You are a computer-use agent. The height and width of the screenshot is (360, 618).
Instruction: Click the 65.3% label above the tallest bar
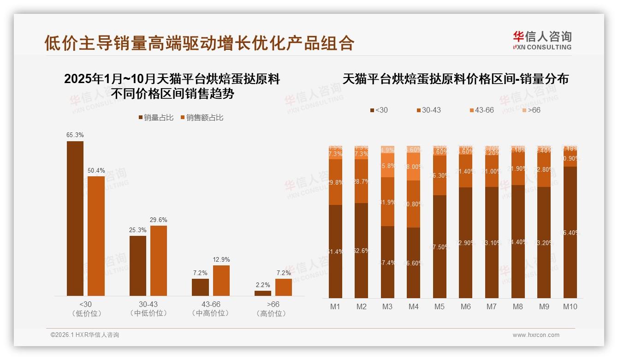pos(75,135)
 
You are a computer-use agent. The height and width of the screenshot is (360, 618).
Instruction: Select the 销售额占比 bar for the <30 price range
pos(96,236)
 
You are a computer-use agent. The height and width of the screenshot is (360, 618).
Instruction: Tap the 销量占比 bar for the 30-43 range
pos(138,266)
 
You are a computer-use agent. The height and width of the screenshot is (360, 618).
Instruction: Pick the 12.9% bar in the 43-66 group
pos(221,281)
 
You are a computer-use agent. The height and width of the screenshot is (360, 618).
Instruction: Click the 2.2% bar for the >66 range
pos(263,293)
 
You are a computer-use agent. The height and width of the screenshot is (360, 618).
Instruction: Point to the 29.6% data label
pos(159,220)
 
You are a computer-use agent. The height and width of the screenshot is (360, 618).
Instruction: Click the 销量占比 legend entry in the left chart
pos(156,118)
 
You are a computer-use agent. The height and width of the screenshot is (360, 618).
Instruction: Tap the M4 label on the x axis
pos(413,306)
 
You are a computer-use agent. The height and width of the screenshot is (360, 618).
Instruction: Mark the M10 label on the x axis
pos(570,306)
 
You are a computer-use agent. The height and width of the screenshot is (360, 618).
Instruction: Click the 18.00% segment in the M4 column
pos(414,167)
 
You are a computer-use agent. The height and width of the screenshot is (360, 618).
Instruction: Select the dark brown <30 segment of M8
pos(518,241)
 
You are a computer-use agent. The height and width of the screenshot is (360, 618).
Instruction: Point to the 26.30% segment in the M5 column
pos(440,175)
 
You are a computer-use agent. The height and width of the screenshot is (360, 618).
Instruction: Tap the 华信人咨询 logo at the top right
pos(542,40)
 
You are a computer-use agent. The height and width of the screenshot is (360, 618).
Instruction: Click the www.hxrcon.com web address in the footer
pos(536,335)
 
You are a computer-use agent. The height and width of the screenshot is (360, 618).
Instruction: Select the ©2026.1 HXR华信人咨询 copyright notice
pos(85,335)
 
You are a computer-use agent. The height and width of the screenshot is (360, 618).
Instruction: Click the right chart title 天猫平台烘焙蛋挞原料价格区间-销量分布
pos(455,79)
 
